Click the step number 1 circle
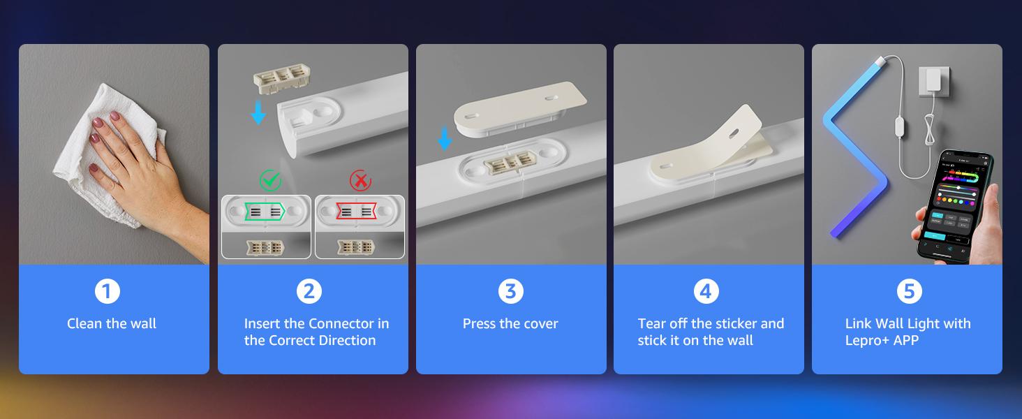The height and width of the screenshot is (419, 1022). [x=108, y=291]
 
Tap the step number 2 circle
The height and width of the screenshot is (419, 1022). [x=309, y=291]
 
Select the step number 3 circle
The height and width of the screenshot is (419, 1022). [x=510, y=291]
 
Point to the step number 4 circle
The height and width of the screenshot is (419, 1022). [x=706, y=291]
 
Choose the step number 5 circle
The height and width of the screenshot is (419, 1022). [x=909, y=291]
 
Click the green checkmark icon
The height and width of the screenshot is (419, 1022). [x=270, y=180]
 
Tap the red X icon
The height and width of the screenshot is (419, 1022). [x=360, y=181]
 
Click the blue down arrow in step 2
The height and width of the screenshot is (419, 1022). [x=258, y=112]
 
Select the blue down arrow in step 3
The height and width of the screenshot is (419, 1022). [x=445, y=139]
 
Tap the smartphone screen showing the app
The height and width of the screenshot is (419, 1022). [x=957, y=206]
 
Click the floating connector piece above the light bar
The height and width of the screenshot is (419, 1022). [x=281, y=78]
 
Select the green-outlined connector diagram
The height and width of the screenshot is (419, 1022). [x=265, y=212]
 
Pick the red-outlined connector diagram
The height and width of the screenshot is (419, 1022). [x=356, y=212]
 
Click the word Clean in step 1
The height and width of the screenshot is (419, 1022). [x=84, y=323]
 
